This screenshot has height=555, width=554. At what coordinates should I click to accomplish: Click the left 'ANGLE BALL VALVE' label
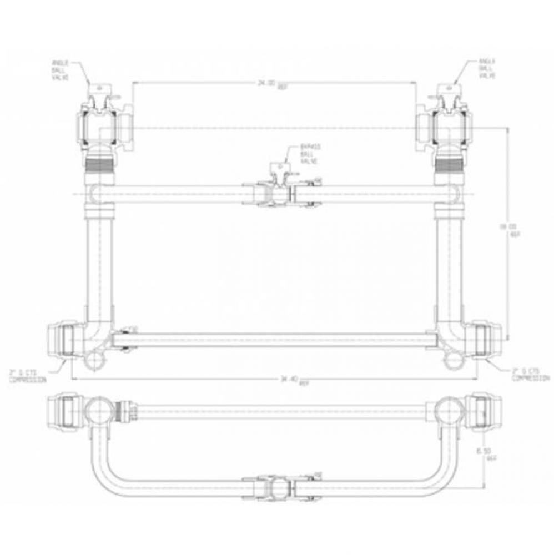click(x=61, y=72)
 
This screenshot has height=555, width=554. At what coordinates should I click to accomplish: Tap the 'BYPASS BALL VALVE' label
click(x=309, y=154)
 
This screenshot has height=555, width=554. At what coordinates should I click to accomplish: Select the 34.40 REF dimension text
click(x=290, y=380)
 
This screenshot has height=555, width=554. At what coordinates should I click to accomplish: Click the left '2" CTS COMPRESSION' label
click(x=27, y=375)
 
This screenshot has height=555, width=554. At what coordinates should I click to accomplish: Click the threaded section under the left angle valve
click(x=100, y=163)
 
